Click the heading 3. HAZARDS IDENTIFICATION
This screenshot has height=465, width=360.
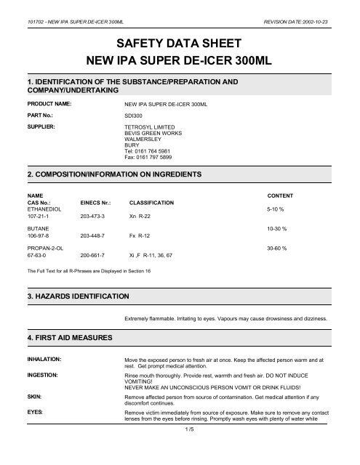click(77, 297)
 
